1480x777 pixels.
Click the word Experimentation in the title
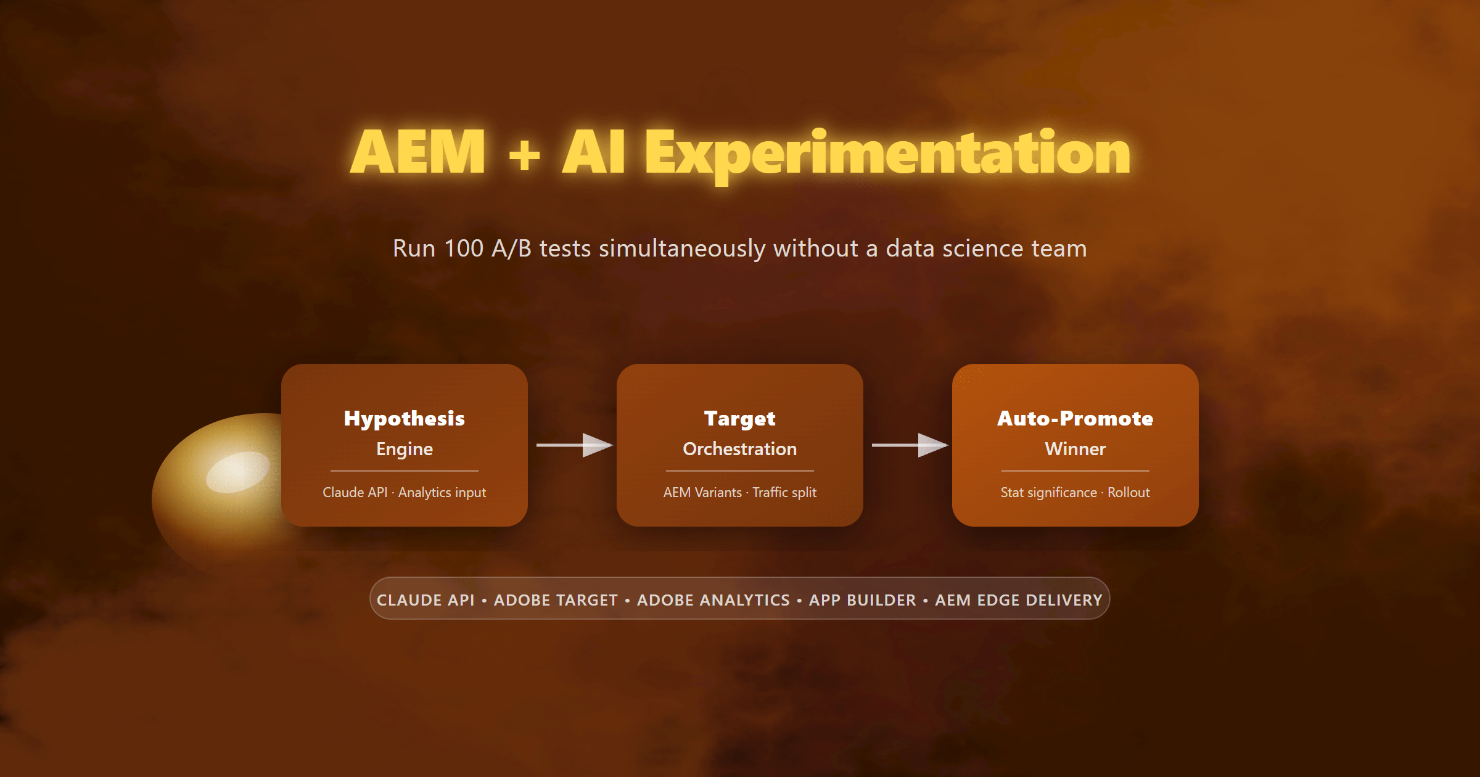[887, 154]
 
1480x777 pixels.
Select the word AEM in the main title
[418, 152]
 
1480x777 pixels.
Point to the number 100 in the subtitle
[464, 249]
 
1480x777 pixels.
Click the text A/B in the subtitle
[511, 249]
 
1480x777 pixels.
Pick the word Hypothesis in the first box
[405, 419]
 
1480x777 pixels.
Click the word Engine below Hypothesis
[405, 449]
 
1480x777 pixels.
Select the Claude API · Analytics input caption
[405, 492]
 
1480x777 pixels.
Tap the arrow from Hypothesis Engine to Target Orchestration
[575, 445]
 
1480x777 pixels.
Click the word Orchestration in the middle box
[740, 449]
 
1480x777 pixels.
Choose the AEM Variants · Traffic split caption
[740, 492]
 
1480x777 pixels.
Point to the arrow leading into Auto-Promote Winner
[910, 445]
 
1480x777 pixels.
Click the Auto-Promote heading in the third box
[1075, 419]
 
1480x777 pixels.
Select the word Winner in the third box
[1075, 449]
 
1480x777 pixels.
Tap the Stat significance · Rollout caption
[1075, 492]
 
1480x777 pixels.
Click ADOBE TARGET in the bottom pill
[556, 600]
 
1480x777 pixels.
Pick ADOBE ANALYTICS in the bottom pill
[713, 600]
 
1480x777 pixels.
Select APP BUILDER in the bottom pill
[863, 600]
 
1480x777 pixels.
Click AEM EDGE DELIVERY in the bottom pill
[1019, 600]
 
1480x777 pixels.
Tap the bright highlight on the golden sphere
[237, 472]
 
